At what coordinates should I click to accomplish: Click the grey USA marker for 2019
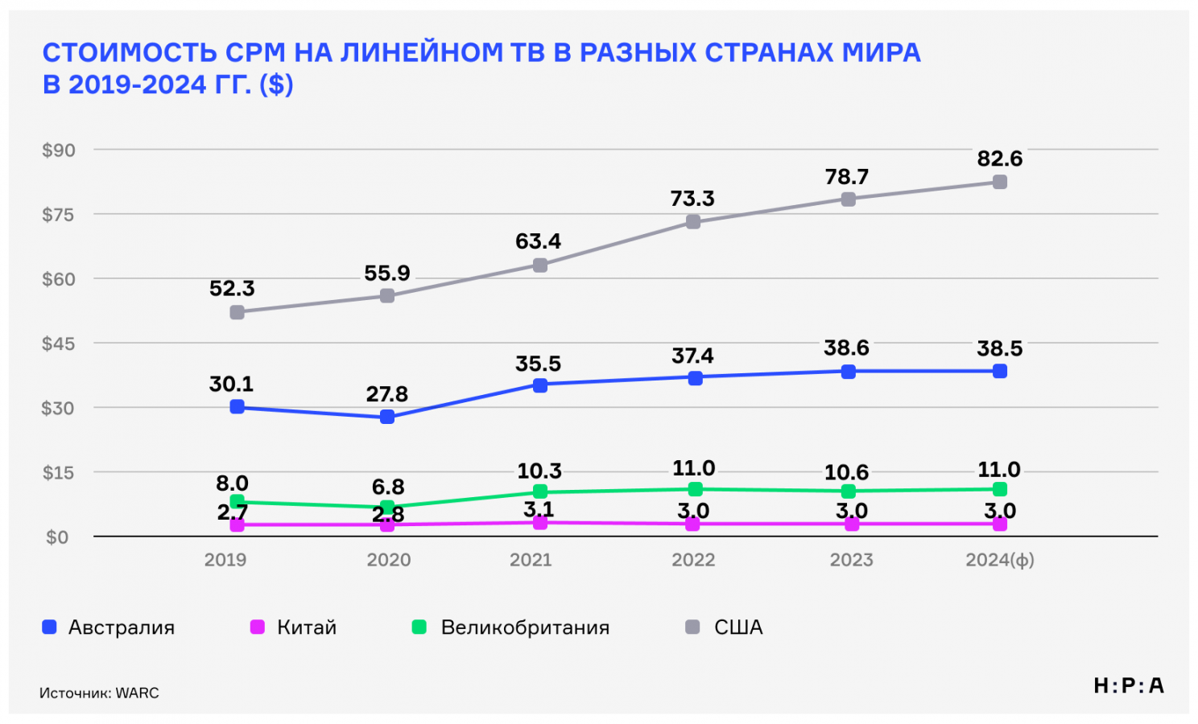click(x=237, y=312)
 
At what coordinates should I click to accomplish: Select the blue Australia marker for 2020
click(x=387, y=417)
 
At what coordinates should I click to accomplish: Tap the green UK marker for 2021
click(x=540, y=492)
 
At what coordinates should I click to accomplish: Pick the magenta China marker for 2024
click(x=1000, y=524)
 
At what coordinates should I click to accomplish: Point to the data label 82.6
click(x=1000, y=158)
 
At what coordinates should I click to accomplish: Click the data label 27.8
click(x=387, y=394)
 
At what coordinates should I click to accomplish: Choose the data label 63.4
click(x=539, y=241)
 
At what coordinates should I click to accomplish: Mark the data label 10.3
click(x=539, y=471)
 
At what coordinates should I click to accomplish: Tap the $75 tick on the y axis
click(x=58, y=215)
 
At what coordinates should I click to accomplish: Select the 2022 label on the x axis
click(x=693, y=560)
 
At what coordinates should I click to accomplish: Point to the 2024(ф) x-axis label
click(x=1000, y=560)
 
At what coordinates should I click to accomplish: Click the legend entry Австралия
click(x=121, y=627)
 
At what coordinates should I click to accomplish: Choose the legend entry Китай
click(x=306, y=627)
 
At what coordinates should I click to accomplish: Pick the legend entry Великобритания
click(x=525, y=627)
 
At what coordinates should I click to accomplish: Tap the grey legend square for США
click(x=692, y=627)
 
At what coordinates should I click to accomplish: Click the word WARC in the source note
click(x=138, y=693)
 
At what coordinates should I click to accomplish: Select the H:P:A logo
click(x=1129, y=685)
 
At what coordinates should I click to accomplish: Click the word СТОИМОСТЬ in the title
click(x=130, y=52)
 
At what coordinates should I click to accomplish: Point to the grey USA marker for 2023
click(x=849, y=199)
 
